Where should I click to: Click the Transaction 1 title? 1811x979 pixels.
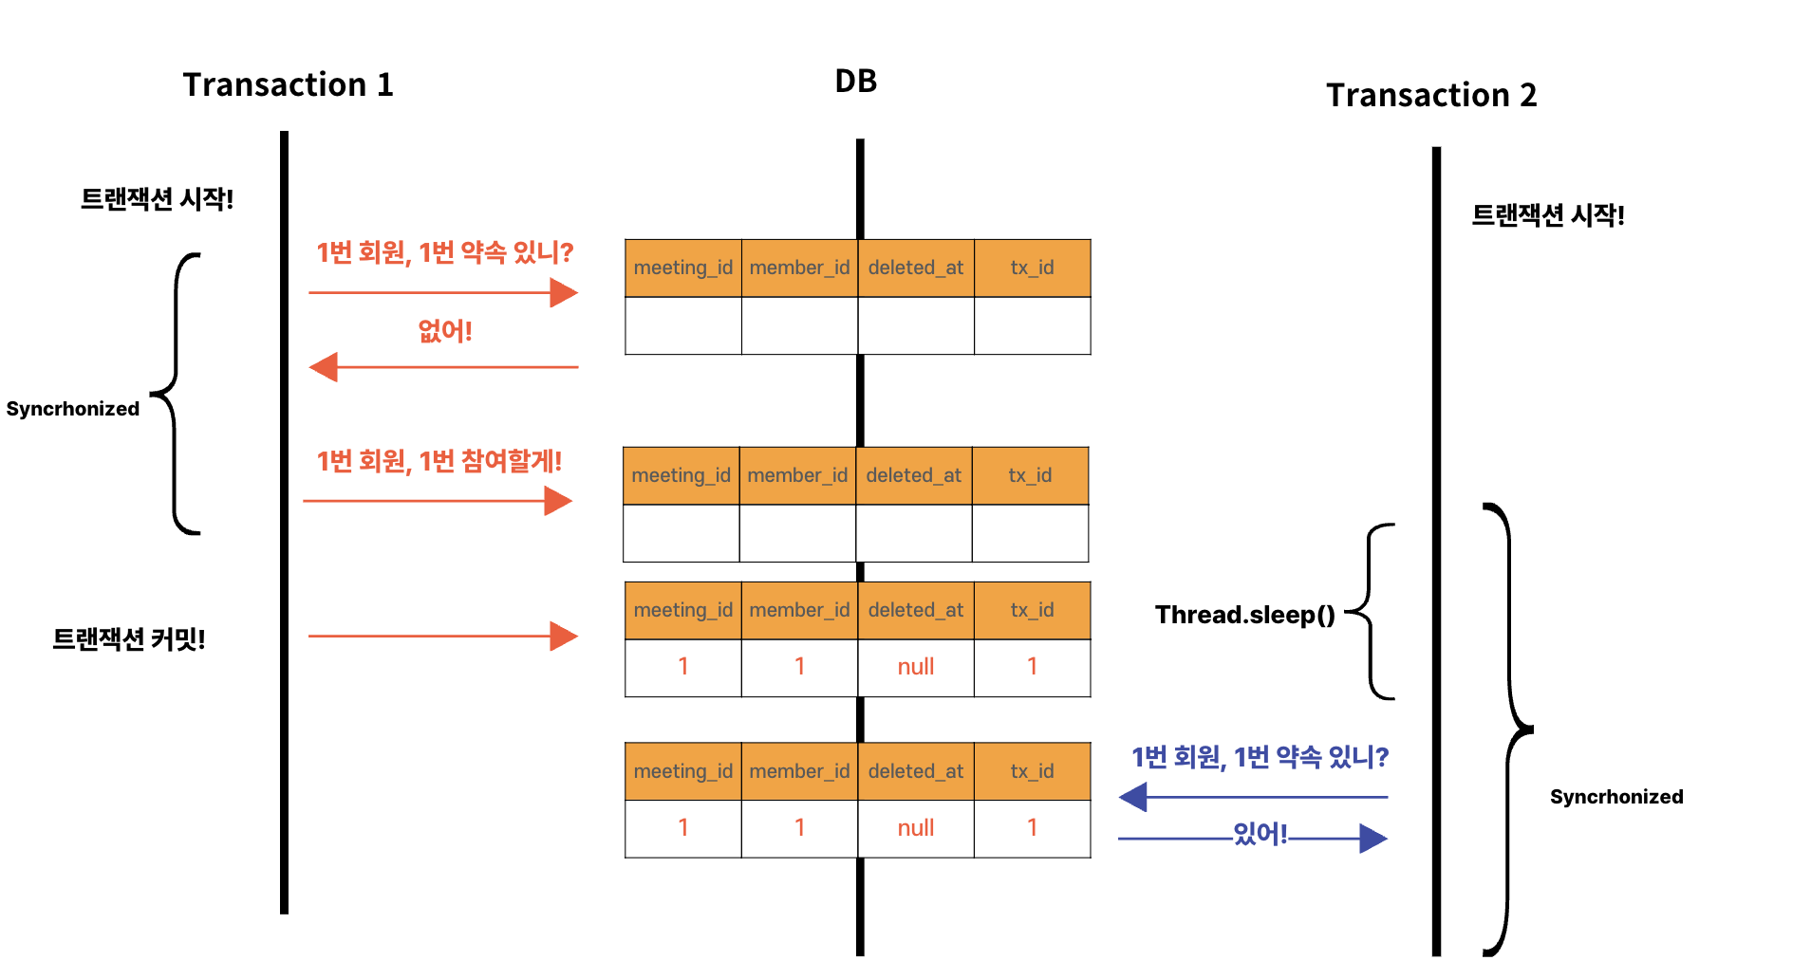pyautogui.click(x=288, y=85)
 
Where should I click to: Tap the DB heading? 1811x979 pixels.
pyautogui.click(x=855, y=82)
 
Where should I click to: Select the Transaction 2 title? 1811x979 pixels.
pyautogui.click(x=1430, y=96)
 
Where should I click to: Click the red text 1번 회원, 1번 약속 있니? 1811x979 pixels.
pyautogui.click(x=444, y=253)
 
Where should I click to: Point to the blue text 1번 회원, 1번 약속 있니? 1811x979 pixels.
pyautogui.click(x=1260, y=758)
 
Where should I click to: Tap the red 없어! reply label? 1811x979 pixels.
pyautogui.click(x=444, y=331)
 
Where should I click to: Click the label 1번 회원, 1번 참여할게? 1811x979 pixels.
pyautogui.click(x=439, y=462)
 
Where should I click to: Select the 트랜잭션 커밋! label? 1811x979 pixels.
pyautogui.click(x=129, y=639)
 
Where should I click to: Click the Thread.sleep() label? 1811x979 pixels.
pyautogui.click(x=1244, y=616)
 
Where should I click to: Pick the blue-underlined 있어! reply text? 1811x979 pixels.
pyautogui.click(x=1260, y=834)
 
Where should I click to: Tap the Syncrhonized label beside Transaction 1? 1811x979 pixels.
pyautogui.click(x=73, y=409)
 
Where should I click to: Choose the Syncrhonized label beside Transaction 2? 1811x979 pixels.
pyautogui.click(x=1615, y=797)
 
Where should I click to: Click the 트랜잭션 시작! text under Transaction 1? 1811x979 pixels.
pyautogui.click(x=157, y=199)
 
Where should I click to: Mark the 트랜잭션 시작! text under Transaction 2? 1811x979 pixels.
pyautogui.click(x=1547, y=215)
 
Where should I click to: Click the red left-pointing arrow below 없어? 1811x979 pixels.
pyautogui.click(x=443, y=367)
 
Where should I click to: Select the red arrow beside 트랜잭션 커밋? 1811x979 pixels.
pyautogui.click(x=443, y=636)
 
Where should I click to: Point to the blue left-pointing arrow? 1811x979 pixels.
pyautogui.click(x=1252, y=797)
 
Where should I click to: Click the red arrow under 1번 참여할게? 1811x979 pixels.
pyautogui.click(x=438, y=501)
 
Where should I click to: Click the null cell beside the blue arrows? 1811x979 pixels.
pyautogui.click(x=915, y=828)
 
